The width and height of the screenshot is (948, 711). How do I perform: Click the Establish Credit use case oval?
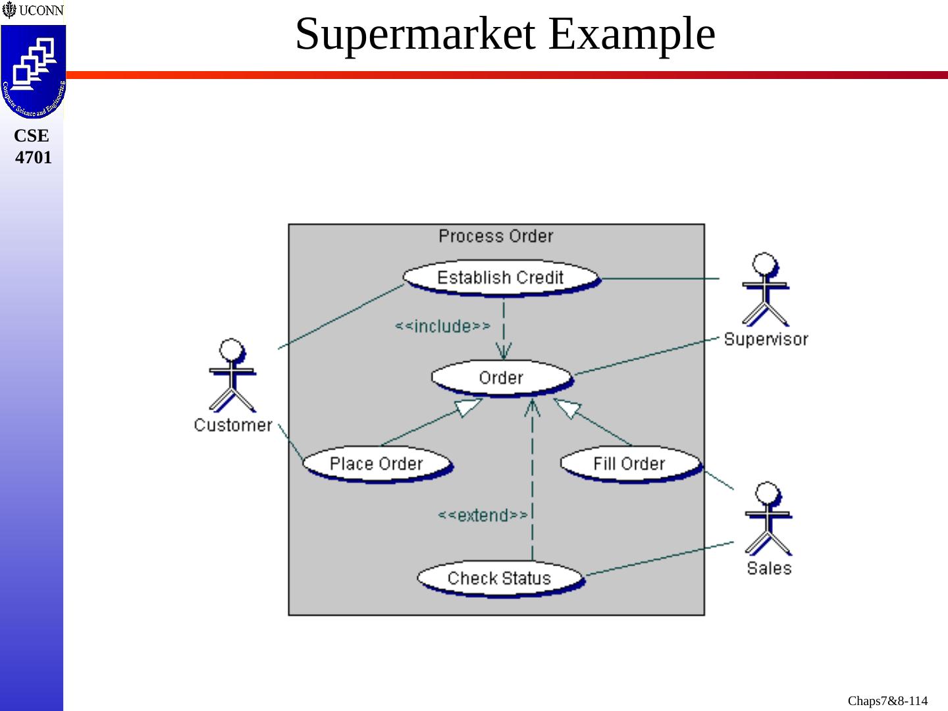point(500,277)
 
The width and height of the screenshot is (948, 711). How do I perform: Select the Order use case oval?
point(501,377)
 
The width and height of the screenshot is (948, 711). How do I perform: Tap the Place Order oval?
point(376,463)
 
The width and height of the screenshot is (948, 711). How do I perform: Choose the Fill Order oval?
point(629,463)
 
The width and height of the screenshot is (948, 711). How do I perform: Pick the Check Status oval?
point(499,578)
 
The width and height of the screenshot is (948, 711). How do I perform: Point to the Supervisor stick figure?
point(765,289)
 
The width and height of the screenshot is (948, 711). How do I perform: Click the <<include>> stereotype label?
point(442,326)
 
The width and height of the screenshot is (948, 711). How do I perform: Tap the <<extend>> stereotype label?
point(483,515)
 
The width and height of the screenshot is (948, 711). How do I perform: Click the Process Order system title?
point(496,236)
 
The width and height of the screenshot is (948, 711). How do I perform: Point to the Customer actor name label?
point(233,425)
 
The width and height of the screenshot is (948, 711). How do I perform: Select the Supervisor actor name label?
point(766,339)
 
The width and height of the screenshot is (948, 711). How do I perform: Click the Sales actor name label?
point(769,568)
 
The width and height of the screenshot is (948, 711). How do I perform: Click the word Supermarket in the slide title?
point(415,34)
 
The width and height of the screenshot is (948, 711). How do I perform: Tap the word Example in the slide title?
point(632,34)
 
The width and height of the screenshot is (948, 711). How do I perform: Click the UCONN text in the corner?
point(41,11)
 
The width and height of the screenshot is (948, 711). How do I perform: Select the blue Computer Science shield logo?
point(33,71)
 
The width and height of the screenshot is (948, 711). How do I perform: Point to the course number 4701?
point(33,157)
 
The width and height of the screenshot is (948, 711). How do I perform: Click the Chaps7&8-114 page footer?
point(887,700)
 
